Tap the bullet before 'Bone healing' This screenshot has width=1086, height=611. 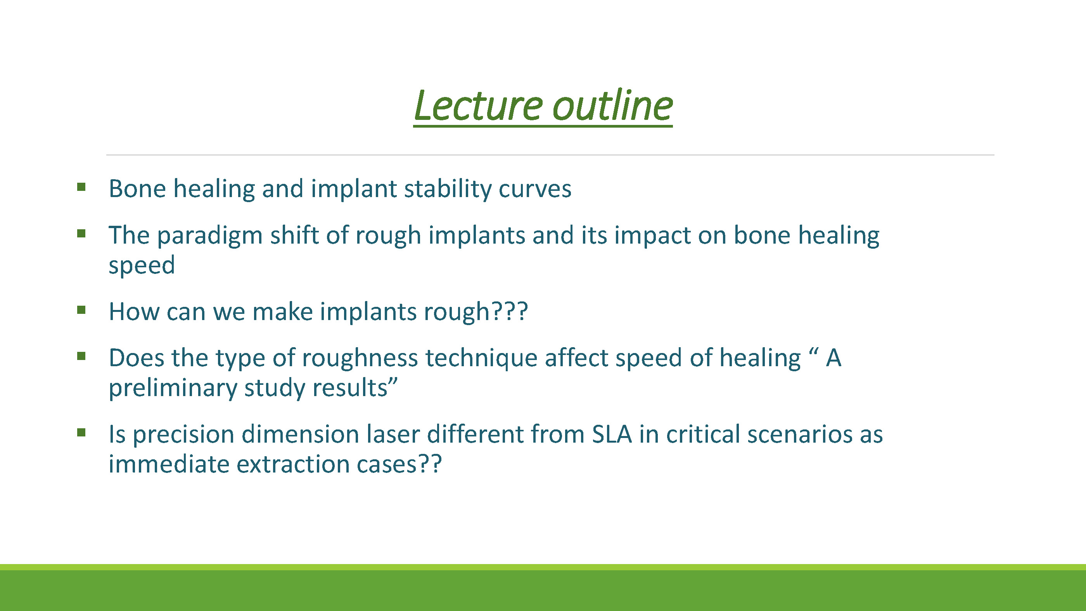[x=81, y=187]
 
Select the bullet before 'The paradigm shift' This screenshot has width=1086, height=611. [x=81, y=233]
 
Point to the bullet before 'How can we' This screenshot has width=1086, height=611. [x=81, y=310]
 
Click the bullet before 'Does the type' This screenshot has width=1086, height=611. [x=81, y=356]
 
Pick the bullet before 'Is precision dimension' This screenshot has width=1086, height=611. [x=81, y=433]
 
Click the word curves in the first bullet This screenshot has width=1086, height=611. [x=535, y=189]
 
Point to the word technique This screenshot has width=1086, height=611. [x=481, y=359]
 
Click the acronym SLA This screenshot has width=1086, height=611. [x=612, y=434]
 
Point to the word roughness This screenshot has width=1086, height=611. [x=360, y=359]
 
